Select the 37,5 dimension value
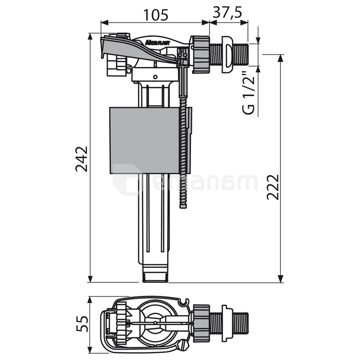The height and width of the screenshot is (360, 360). coord(228,12)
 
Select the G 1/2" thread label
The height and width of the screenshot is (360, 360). coord(249,93)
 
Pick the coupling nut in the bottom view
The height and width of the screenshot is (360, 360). coord(201,321)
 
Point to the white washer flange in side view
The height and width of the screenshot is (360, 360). coord(226,54)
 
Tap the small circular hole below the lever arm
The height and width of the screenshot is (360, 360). coord(154,76)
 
